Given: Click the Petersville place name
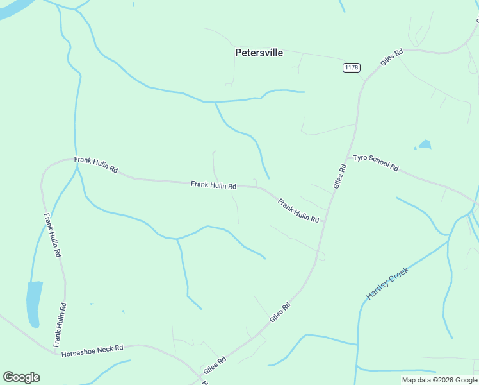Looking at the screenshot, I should click(259, 53).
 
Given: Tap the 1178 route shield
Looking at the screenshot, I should click(352, 67).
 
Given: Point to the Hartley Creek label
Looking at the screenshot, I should click(387, 284).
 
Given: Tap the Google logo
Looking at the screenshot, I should click(21, 377).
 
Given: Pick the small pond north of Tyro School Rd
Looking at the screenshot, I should click(424, 145).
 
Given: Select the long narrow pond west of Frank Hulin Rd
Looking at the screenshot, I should click(33, 304).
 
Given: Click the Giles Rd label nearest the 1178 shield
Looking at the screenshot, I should click(391, 58).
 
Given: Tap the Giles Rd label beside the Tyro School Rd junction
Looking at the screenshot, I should click(339, 176).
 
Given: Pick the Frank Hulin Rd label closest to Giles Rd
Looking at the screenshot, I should click(298, 210).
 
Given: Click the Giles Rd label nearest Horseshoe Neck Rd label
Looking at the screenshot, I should click(215, 370).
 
